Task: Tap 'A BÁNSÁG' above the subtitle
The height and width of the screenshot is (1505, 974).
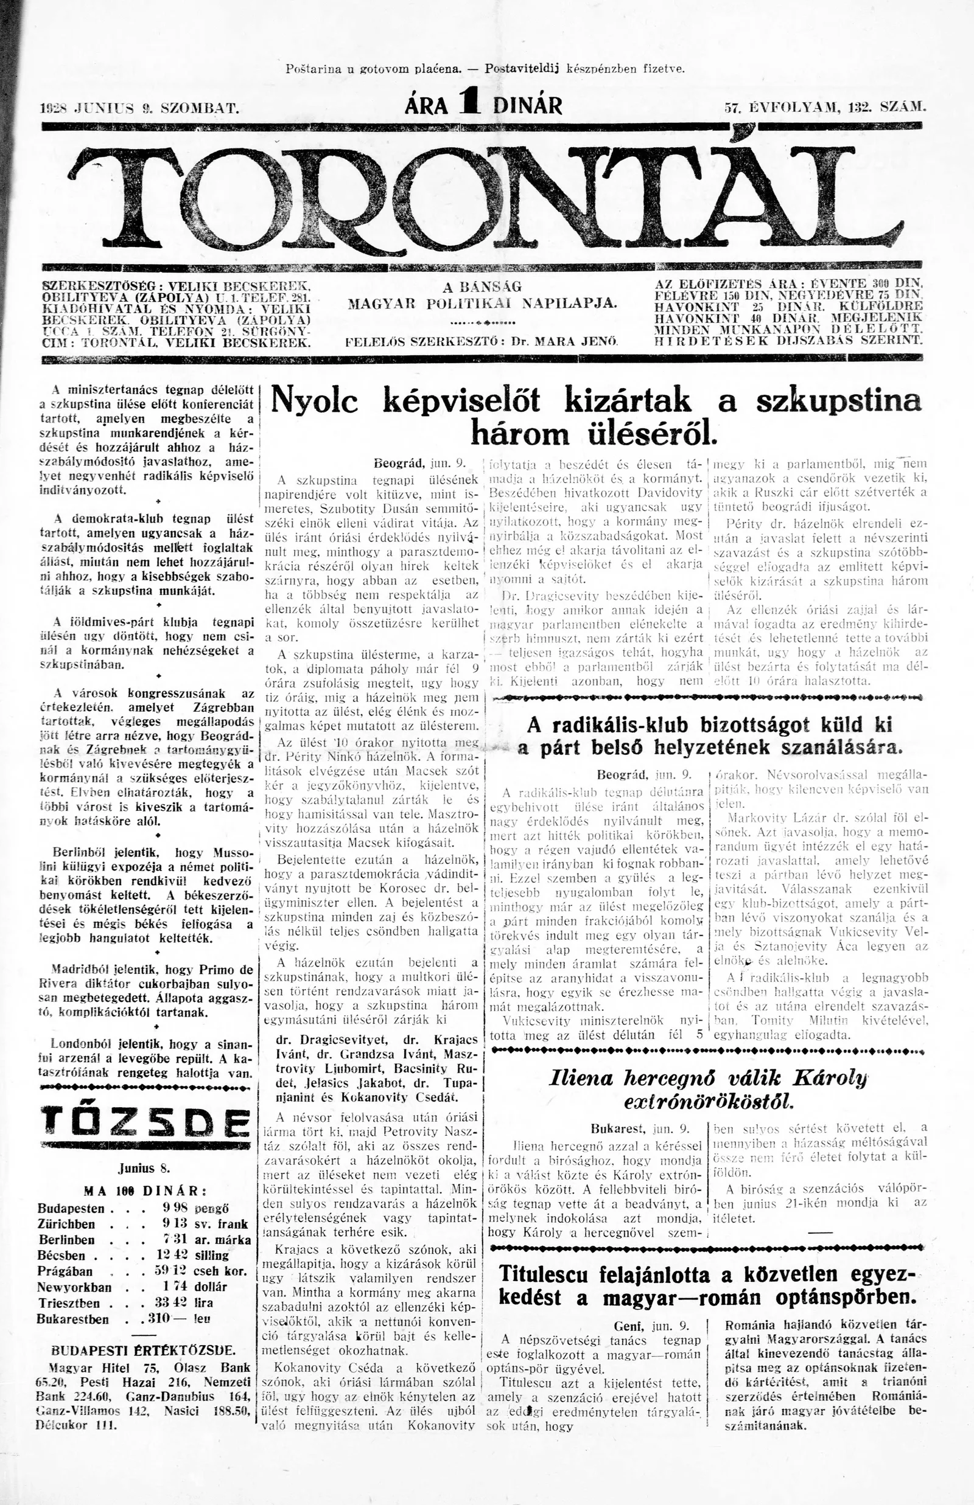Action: coord(482,287)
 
